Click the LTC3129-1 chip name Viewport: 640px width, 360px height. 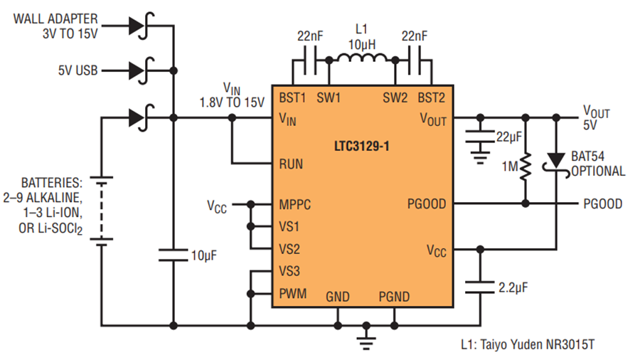pos(362,146)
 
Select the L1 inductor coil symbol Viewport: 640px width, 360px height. pos(362,58)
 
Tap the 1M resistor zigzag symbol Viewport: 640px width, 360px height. pos(526,166)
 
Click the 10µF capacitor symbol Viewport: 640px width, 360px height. pos(174,255)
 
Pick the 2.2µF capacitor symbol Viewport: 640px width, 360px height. pos(480,287)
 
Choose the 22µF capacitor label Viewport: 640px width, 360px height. pos(509,137)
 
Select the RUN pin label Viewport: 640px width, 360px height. pos(291,164)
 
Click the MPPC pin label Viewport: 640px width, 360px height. pos(294,204)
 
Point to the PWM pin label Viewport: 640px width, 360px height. pos(293,293)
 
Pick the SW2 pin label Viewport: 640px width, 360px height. pos(395,98)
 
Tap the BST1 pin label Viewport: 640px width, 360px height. pos(292,98)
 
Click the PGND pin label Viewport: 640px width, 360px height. pos(394,297)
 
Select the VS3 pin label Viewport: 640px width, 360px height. pos(289,271)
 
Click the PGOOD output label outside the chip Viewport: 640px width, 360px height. pos(602,203)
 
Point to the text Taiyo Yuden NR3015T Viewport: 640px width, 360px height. pos(538,344)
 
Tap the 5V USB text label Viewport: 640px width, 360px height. pos(78,70)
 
